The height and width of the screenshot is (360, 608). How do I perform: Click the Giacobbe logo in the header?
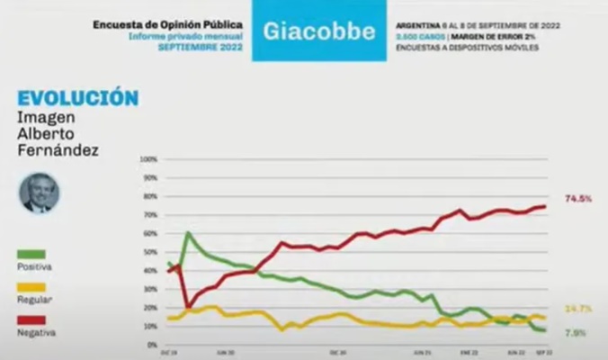(x=319, y=31)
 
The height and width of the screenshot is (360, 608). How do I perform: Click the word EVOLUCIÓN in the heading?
(x=77, y=97)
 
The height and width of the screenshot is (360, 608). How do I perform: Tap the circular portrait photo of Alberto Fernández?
(x=36, y=193)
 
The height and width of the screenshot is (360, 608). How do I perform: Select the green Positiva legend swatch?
(x=31, y=255)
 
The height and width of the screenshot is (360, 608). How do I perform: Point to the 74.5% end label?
(x=577, y=198)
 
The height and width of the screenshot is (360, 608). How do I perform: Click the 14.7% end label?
(x=577, y=309)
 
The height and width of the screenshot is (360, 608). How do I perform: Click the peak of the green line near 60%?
(x=188, y=234)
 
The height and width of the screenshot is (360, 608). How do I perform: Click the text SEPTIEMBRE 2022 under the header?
(x=201, y=45)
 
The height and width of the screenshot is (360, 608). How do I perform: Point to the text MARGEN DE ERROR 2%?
(x=498, y=36)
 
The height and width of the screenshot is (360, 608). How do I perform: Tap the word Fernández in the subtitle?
(x=56, y=149)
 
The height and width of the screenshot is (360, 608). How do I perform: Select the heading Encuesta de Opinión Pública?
(x=168, y=25)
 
